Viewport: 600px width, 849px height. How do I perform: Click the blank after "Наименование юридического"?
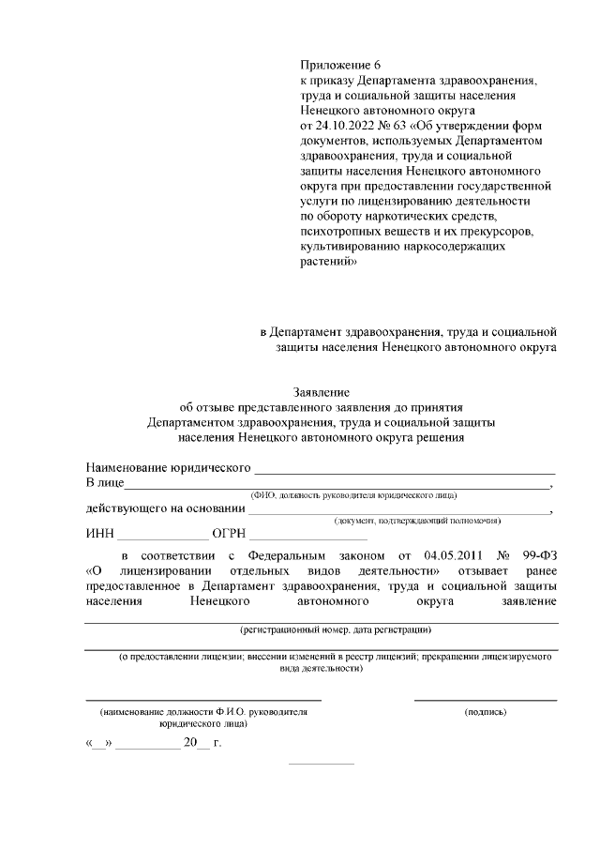point(405,466)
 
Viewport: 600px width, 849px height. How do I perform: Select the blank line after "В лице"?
point(337,484)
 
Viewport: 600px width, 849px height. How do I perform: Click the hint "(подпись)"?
point(486,712)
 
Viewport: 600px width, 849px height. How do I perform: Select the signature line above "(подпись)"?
point(486,700)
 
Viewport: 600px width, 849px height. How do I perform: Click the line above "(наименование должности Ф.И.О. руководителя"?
point(203,700)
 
